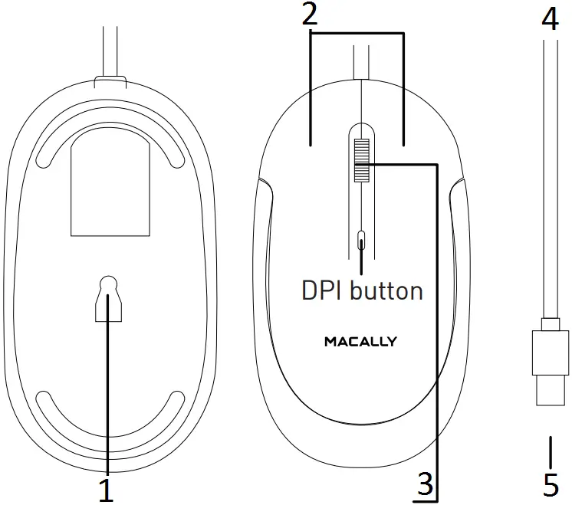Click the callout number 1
[x=107, y=489]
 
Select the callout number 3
[x=426, y=485]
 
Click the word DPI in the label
[x=325, y=290]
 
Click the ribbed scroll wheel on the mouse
[x=360, y=160]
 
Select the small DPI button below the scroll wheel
[x=361, y=241]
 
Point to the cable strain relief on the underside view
[x=108, y=80]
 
